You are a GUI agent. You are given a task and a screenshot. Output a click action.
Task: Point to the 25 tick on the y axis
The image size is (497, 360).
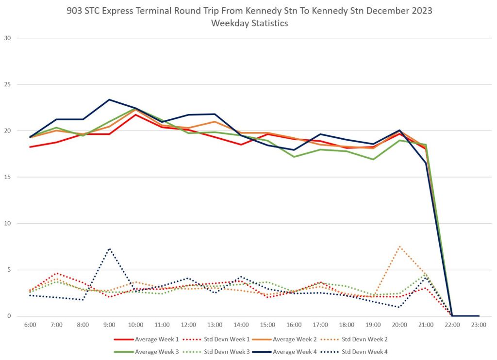click(x=8, y=84)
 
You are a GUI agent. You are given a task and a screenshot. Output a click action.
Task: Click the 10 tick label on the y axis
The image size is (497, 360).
click(x=8, y=224)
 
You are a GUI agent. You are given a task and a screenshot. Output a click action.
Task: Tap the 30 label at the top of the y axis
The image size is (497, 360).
click(x=8, y=38)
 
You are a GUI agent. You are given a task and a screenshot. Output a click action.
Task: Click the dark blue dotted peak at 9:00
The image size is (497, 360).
click(x=109, y=249)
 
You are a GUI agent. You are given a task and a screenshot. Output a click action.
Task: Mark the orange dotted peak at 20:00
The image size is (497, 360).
click(x=399, y=246)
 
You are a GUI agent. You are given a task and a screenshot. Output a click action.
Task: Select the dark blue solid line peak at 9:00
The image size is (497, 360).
click(x=109, y=99)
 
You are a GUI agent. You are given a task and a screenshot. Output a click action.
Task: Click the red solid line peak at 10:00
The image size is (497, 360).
click(x=135, y=115)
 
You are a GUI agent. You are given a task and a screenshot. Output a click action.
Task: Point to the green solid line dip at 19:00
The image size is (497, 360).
click(x=373, y=159)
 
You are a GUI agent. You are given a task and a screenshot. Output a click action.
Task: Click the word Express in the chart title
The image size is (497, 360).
click(x=123, y=10)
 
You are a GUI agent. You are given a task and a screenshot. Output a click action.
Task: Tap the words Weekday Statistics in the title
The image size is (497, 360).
click(x=249, y=23)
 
